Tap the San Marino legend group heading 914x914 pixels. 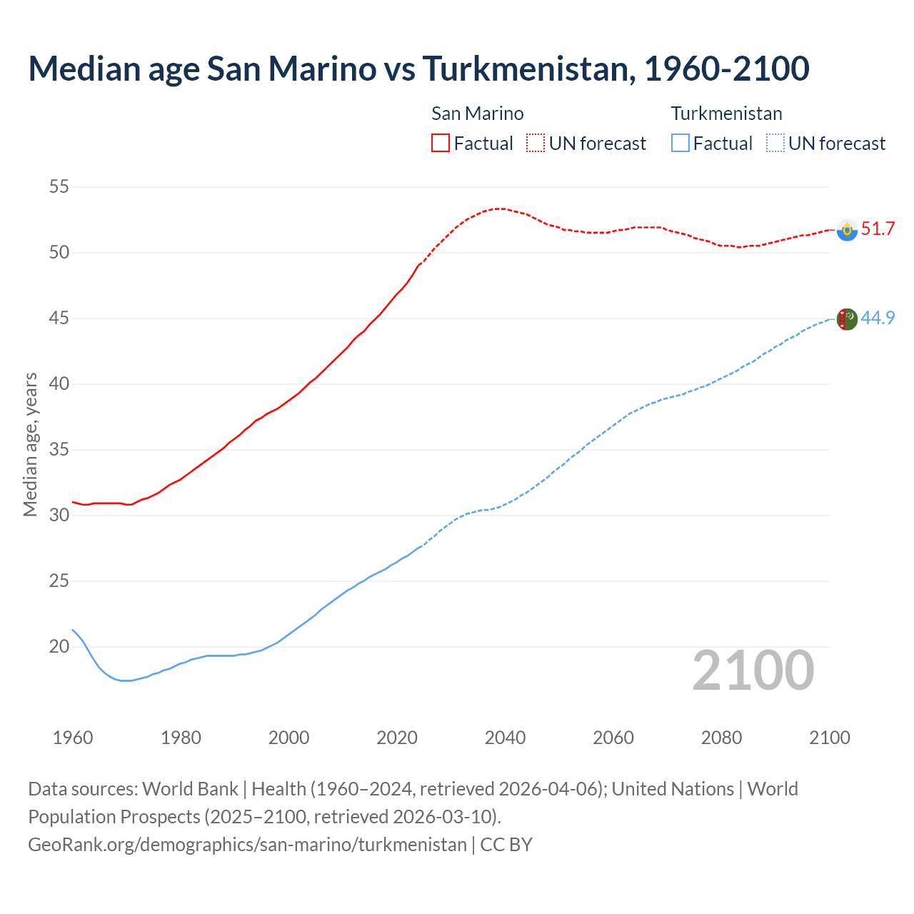477,114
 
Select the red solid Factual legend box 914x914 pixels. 441,143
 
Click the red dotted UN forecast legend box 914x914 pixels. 536,143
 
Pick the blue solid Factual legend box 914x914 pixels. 681,143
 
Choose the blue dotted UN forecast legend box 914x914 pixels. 775,143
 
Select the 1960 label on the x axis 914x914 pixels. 73,738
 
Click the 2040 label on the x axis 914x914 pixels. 505,738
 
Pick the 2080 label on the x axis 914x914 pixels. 721,738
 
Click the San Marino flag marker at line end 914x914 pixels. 847,230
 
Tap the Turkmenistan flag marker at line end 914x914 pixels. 847,319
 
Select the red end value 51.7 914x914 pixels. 878,229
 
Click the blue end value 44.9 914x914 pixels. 878,318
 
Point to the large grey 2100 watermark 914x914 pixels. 753,671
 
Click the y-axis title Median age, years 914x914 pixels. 30,444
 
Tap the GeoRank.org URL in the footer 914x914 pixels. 247,845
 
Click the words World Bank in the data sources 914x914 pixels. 190,789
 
